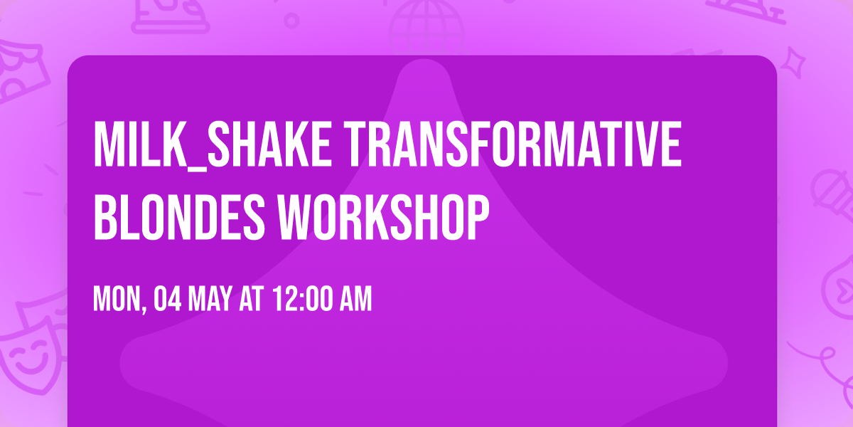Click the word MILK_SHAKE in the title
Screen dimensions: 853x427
212,145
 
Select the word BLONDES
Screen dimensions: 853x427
179,217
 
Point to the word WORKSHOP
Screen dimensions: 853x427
383,217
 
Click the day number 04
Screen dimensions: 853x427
167,299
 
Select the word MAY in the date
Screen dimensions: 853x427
210,299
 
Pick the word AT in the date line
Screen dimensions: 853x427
252,299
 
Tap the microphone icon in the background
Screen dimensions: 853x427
832,195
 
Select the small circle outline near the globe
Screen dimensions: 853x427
291,21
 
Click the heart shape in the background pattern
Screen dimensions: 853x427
844,290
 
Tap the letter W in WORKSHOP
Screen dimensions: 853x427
296,217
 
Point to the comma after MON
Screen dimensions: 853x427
144,310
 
